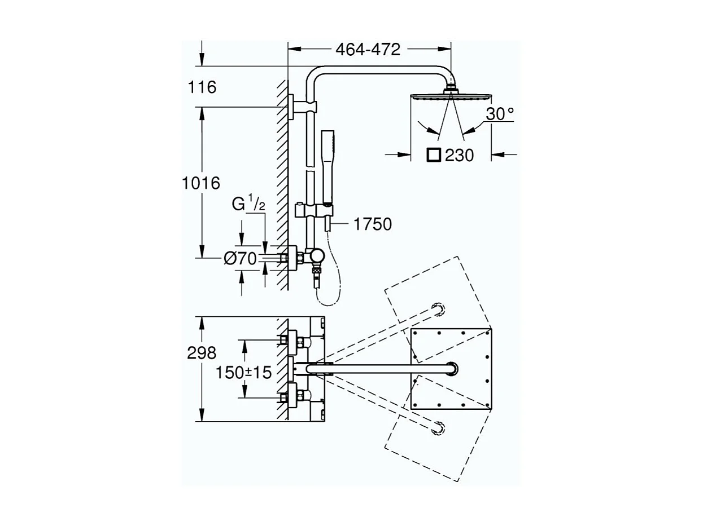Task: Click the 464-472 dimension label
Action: click(x=368, y=50)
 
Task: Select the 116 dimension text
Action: click(x=203, y=87)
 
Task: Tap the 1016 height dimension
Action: click(x=200, y=183)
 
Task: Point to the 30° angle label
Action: click(x=500, y=114)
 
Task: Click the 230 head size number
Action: click(x=459, y=155)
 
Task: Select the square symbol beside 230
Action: click(x=434, y=154)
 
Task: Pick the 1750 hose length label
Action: click(x=372, y=224)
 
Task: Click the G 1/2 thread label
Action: click(x=248, y=204)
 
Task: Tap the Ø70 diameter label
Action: click(x=240, y=259)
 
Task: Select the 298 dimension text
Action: click(x=202, y=353)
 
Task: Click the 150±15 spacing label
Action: click(x=243, y=372)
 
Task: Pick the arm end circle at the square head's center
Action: click(x=452, y=369)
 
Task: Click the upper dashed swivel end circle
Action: click(x=438, y=310)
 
